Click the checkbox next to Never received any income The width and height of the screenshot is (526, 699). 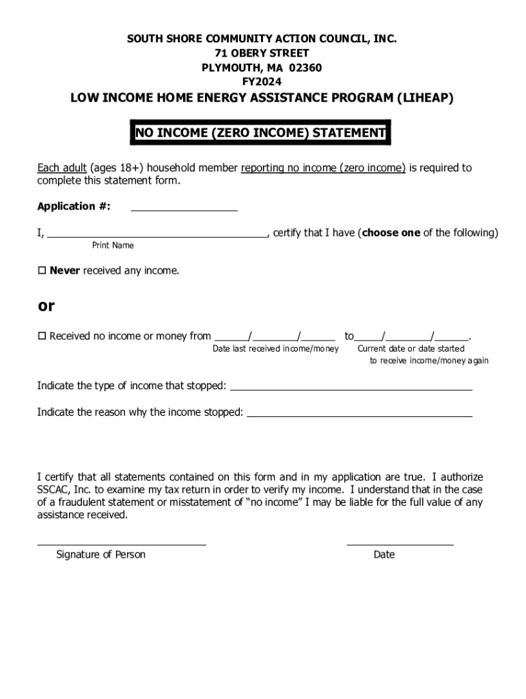click(42, 271)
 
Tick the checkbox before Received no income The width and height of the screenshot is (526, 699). click(42, 336)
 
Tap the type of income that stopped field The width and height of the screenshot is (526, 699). click(351, 387)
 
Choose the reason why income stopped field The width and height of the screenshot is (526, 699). click(359, 413)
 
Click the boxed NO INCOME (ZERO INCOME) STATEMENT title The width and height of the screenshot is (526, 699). click(260, 134)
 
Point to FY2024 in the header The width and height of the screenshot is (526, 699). click(262, 82)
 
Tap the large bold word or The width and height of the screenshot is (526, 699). click(46, 306)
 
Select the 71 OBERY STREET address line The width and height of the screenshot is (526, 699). click(262, 53)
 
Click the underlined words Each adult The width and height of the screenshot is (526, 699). click(61, 168)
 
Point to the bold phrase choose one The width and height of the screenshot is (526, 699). click(391, 233)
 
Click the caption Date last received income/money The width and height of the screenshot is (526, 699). click(275, 349)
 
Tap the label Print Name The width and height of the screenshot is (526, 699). click(113, 246)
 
